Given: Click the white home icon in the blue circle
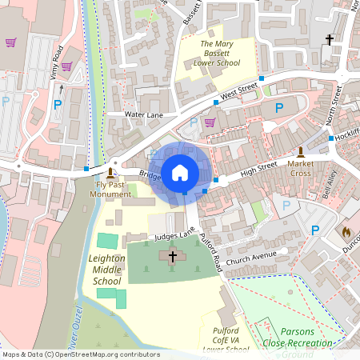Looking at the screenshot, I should tap(180, 172).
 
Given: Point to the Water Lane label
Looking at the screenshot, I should tap(144, 114).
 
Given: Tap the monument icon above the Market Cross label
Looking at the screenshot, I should tap(301, 152).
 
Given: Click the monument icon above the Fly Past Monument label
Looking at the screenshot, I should tap(110, 172).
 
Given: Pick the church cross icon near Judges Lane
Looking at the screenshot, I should tap(172, 256).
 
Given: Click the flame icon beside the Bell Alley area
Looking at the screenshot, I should tap(346, 232).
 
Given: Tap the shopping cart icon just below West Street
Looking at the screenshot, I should tap(210, 122).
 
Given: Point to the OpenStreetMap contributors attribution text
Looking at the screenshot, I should tap(80, 354).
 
